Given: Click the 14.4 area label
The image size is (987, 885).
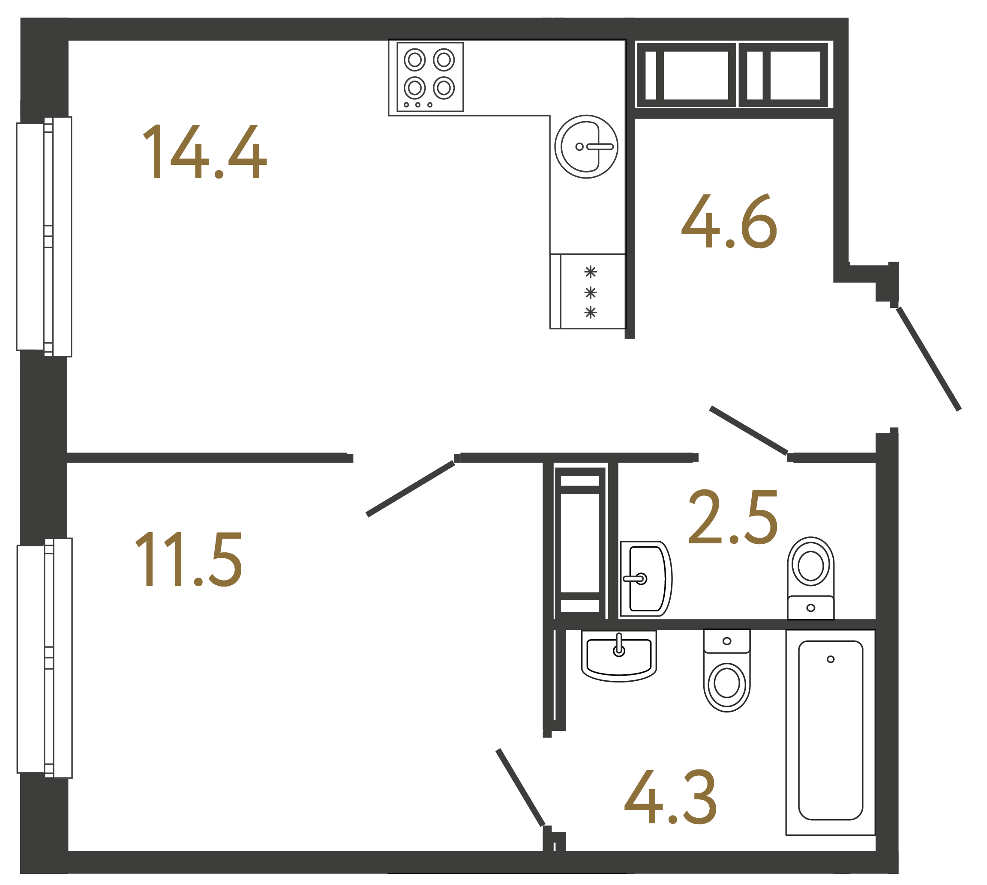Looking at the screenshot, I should coord(204,152).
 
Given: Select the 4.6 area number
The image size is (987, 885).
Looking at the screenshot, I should coord(729,221).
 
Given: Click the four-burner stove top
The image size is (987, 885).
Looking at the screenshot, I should coord(430,77).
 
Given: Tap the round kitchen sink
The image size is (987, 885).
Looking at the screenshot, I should coord(586,146).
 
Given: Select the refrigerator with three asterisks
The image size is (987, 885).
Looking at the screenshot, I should coord(588,291).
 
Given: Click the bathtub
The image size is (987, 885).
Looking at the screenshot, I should coord(830,732).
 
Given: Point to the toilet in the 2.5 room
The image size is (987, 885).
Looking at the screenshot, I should coord(810,577).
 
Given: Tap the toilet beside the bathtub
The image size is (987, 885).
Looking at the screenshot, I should coord(726,670).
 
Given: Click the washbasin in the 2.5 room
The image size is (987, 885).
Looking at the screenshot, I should coord(645,579).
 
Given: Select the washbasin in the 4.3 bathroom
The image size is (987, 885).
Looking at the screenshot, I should coord(618,655).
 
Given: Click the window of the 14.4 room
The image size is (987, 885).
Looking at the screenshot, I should coord(44,237).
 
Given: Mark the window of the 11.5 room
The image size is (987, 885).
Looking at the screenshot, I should coord(45,658).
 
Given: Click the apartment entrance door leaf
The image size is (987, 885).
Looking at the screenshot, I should coord(929,359).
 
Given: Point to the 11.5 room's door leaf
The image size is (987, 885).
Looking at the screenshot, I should coord(410,488).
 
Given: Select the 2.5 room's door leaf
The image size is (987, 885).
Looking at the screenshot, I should coord(749,430).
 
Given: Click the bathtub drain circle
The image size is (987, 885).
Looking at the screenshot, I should coord(830,659).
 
